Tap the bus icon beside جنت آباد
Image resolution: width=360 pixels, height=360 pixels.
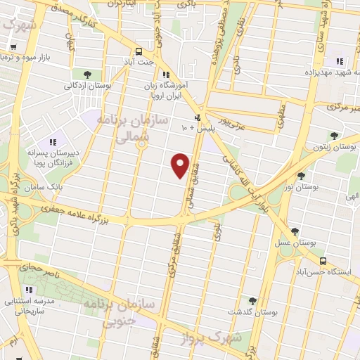[139, 51]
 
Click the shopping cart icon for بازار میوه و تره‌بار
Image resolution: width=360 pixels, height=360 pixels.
[13, 46]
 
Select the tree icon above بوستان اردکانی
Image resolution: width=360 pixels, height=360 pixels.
[86, 74]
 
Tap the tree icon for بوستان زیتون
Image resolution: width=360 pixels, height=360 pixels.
[333, 136]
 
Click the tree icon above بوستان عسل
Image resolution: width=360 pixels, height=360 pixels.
[295, 231]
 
